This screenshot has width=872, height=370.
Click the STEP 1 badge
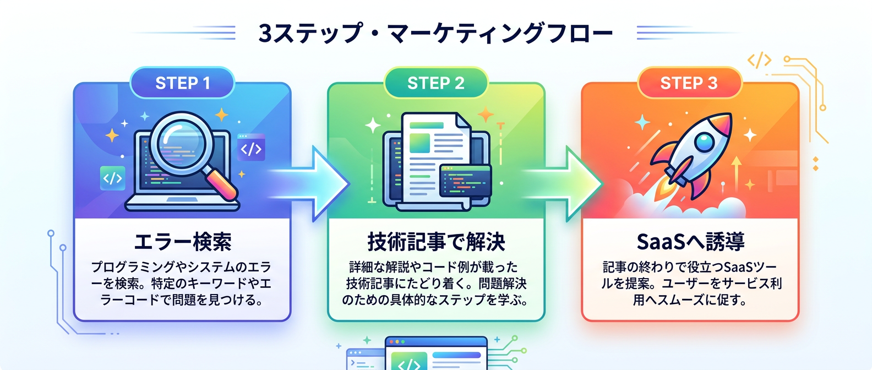tap(182, 83)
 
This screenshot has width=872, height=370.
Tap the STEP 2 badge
tap(435, 83)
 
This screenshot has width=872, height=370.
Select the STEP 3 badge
tap(689, 83)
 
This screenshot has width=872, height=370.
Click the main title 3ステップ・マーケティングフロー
tap(435, 33)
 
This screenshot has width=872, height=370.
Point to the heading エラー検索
tap(182, 242)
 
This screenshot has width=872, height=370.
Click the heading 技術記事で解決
tap(436, 242)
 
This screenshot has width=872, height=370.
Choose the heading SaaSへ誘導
tap(690, 242)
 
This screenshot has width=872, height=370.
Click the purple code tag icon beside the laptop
tap(251, 148)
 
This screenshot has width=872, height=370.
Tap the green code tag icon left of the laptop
tap(112, 178)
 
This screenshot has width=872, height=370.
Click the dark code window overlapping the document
tap(465, 181)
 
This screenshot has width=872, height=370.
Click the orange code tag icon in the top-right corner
tap(759, 60)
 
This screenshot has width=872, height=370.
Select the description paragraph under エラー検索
tap(182, 284)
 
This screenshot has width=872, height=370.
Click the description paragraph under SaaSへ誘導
tap(690, 284)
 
